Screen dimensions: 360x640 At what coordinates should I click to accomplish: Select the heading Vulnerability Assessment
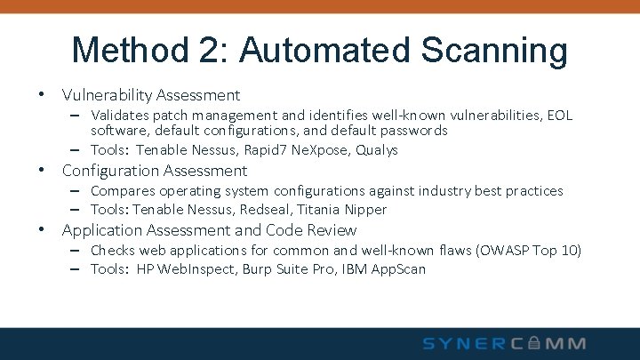coord(150,94)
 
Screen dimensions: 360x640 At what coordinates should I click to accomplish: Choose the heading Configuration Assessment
coord(154,170)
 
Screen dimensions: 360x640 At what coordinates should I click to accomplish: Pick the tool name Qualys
coord(377,149)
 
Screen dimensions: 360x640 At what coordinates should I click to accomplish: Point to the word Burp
coord(259,268)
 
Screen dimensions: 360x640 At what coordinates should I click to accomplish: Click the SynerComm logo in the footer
coord(504,343)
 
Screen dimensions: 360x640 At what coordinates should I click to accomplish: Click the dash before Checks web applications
coord(77,250)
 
